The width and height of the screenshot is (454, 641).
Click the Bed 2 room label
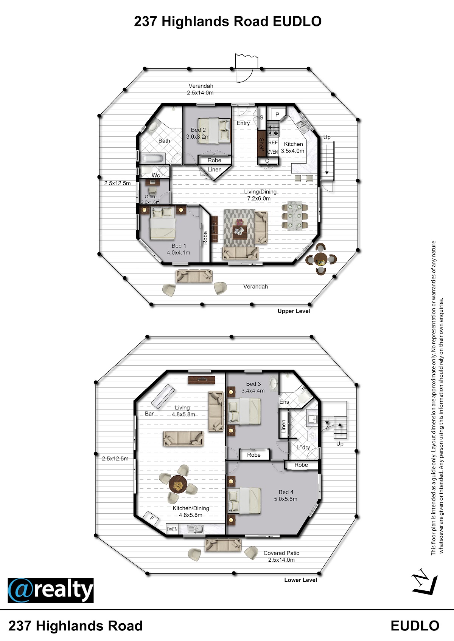point(198,130)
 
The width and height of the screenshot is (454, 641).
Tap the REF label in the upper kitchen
point(273,142)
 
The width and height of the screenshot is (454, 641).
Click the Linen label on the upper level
point(215,169)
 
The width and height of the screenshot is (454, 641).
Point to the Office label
point(151,196)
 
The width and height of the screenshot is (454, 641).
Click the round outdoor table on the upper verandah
point(321,259)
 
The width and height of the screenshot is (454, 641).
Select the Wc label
point(155,175)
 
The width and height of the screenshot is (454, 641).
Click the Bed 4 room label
point(286,492)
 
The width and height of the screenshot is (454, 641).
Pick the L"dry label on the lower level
point(303,447)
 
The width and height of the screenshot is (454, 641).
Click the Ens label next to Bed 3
point(285,402)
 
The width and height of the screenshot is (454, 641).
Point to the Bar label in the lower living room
point(149,414)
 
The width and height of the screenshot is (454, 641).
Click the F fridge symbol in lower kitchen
point(152,519)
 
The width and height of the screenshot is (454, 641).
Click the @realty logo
point(51,590)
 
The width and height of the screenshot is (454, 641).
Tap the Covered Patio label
point(281,553)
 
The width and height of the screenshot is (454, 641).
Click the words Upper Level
point(294,311)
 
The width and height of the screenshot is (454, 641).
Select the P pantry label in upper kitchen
point(277,114)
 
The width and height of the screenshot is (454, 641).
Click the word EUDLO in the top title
point(297,22)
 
